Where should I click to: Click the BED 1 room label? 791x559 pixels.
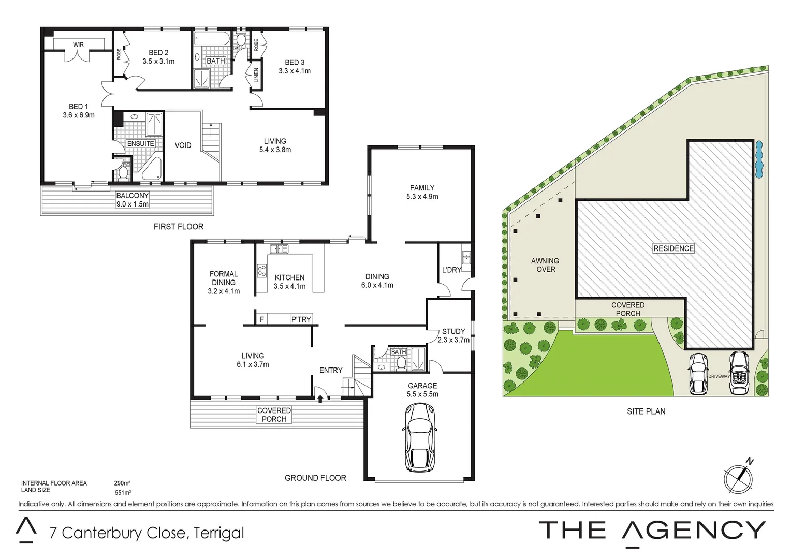point(79,107)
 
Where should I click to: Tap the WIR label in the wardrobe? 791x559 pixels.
point(78,45)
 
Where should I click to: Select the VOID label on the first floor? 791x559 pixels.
point(183,145)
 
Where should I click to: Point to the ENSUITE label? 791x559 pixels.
point(140,144)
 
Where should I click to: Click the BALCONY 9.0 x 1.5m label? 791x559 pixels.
point(133,200)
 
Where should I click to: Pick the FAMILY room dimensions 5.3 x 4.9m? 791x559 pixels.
point(422,197)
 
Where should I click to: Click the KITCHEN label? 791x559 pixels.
point(289,277)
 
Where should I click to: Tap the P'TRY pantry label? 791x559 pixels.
point(301,319)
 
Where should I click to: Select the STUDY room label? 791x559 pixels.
point(453,331)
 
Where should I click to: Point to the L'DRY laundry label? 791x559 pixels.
point(451,270)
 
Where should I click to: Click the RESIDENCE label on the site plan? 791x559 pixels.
point(673,248)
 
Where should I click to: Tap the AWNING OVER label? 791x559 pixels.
point(545,265)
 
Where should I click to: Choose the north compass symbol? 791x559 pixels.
point(738,478)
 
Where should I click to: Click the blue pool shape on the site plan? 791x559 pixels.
point(759,157)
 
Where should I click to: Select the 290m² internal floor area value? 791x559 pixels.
point(122,483)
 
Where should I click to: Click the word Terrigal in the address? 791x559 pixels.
point(218,533)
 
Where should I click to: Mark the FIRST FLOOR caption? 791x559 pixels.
point(179,227)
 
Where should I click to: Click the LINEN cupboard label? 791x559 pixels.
point(256,76)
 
